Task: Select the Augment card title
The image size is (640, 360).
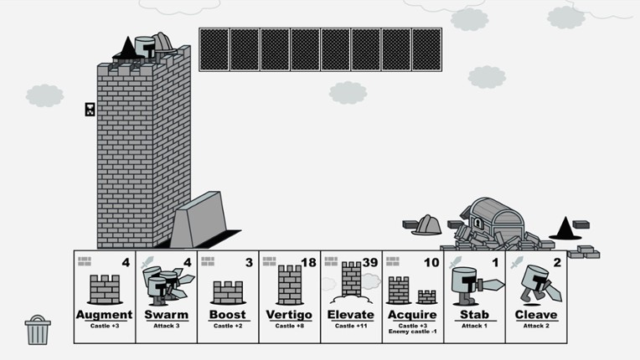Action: tap(105, 315)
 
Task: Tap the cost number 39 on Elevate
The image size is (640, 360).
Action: tap(369, 263)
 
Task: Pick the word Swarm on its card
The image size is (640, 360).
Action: tap(166, 315)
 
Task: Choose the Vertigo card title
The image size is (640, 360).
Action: tap(289, 315)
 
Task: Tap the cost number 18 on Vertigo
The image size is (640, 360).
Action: tap(307, 263)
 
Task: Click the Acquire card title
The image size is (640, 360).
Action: tap(412, 315)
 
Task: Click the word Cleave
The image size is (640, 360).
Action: tap(536, 315)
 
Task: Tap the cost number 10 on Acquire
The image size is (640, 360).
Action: tap(431, 263)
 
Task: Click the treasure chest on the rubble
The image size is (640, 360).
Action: tap(494, 219)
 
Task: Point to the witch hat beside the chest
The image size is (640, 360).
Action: tap(565, 228)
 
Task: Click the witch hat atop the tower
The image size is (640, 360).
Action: tap(125, 48)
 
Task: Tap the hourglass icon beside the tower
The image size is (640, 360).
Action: tap(90, 110)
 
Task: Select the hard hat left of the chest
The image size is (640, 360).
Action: tap(426, 224)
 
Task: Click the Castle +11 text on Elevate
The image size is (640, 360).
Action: tap(351, 325)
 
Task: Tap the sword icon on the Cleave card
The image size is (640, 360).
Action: tap(516, 263)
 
